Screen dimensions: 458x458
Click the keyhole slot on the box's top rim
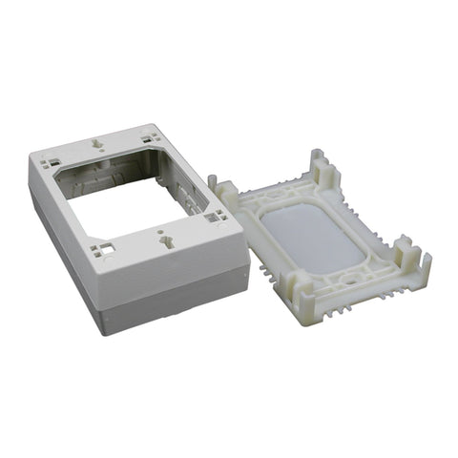pyautogui.click(x=98, y=145)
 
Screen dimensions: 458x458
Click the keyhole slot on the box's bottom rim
pyautogui.click(x=169, y=242)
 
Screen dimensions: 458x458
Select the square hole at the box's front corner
pyautogui.click(x=103, y=252)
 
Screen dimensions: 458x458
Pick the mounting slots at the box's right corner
pyautogui.click(x=211, y=219)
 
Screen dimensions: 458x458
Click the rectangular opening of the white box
pyautogui.click(x=129, y=196)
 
